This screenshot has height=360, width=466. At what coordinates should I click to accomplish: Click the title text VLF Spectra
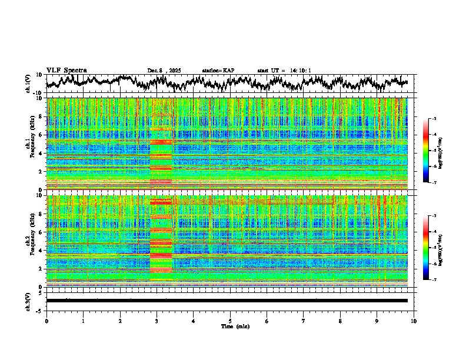(x=66, y=70)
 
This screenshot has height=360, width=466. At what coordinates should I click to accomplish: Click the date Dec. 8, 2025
(x=164, y=71)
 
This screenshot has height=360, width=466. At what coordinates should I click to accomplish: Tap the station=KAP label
(x=218, y=71)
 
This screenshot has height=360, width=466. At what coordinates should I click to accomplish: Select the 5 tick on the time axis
(x=230, y=321)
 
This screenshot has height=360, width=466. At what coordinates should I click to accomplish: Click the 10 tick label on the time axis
(x=414, y=321)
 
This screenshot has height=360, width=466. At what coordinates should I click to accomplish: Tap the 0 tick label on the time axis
(x=46, y=321)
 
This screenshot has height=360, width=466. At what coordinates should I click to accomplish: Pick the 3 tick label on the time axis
(x=157, y=321)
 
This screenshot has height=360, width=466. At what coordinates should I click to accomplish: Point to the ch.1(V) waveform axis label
(x=28, y=84)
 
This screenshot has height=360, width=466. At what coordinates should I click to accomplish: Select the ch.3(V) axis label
(x=28, y=301)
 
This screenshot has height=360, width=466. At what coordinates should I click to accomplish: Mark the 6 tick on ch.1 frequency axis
(x=42, y=135)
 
